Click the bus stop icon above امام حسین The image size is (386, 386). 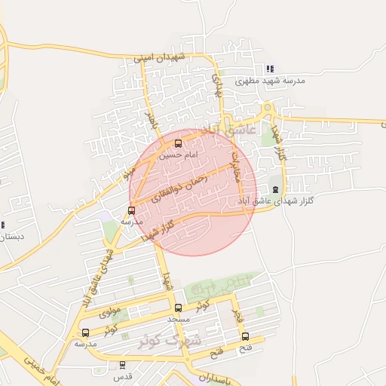pos(179,143)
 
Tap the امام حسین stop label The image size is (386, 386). pos(179,155)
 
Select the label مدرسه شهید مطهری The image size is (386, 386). pos(270,80)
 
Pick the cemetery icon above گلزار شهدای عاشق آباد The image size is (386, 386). pos(275,189)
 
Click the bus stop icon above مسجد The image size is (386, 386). pos(179,308)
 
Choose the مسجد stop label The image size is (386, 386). pos(179,319)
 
